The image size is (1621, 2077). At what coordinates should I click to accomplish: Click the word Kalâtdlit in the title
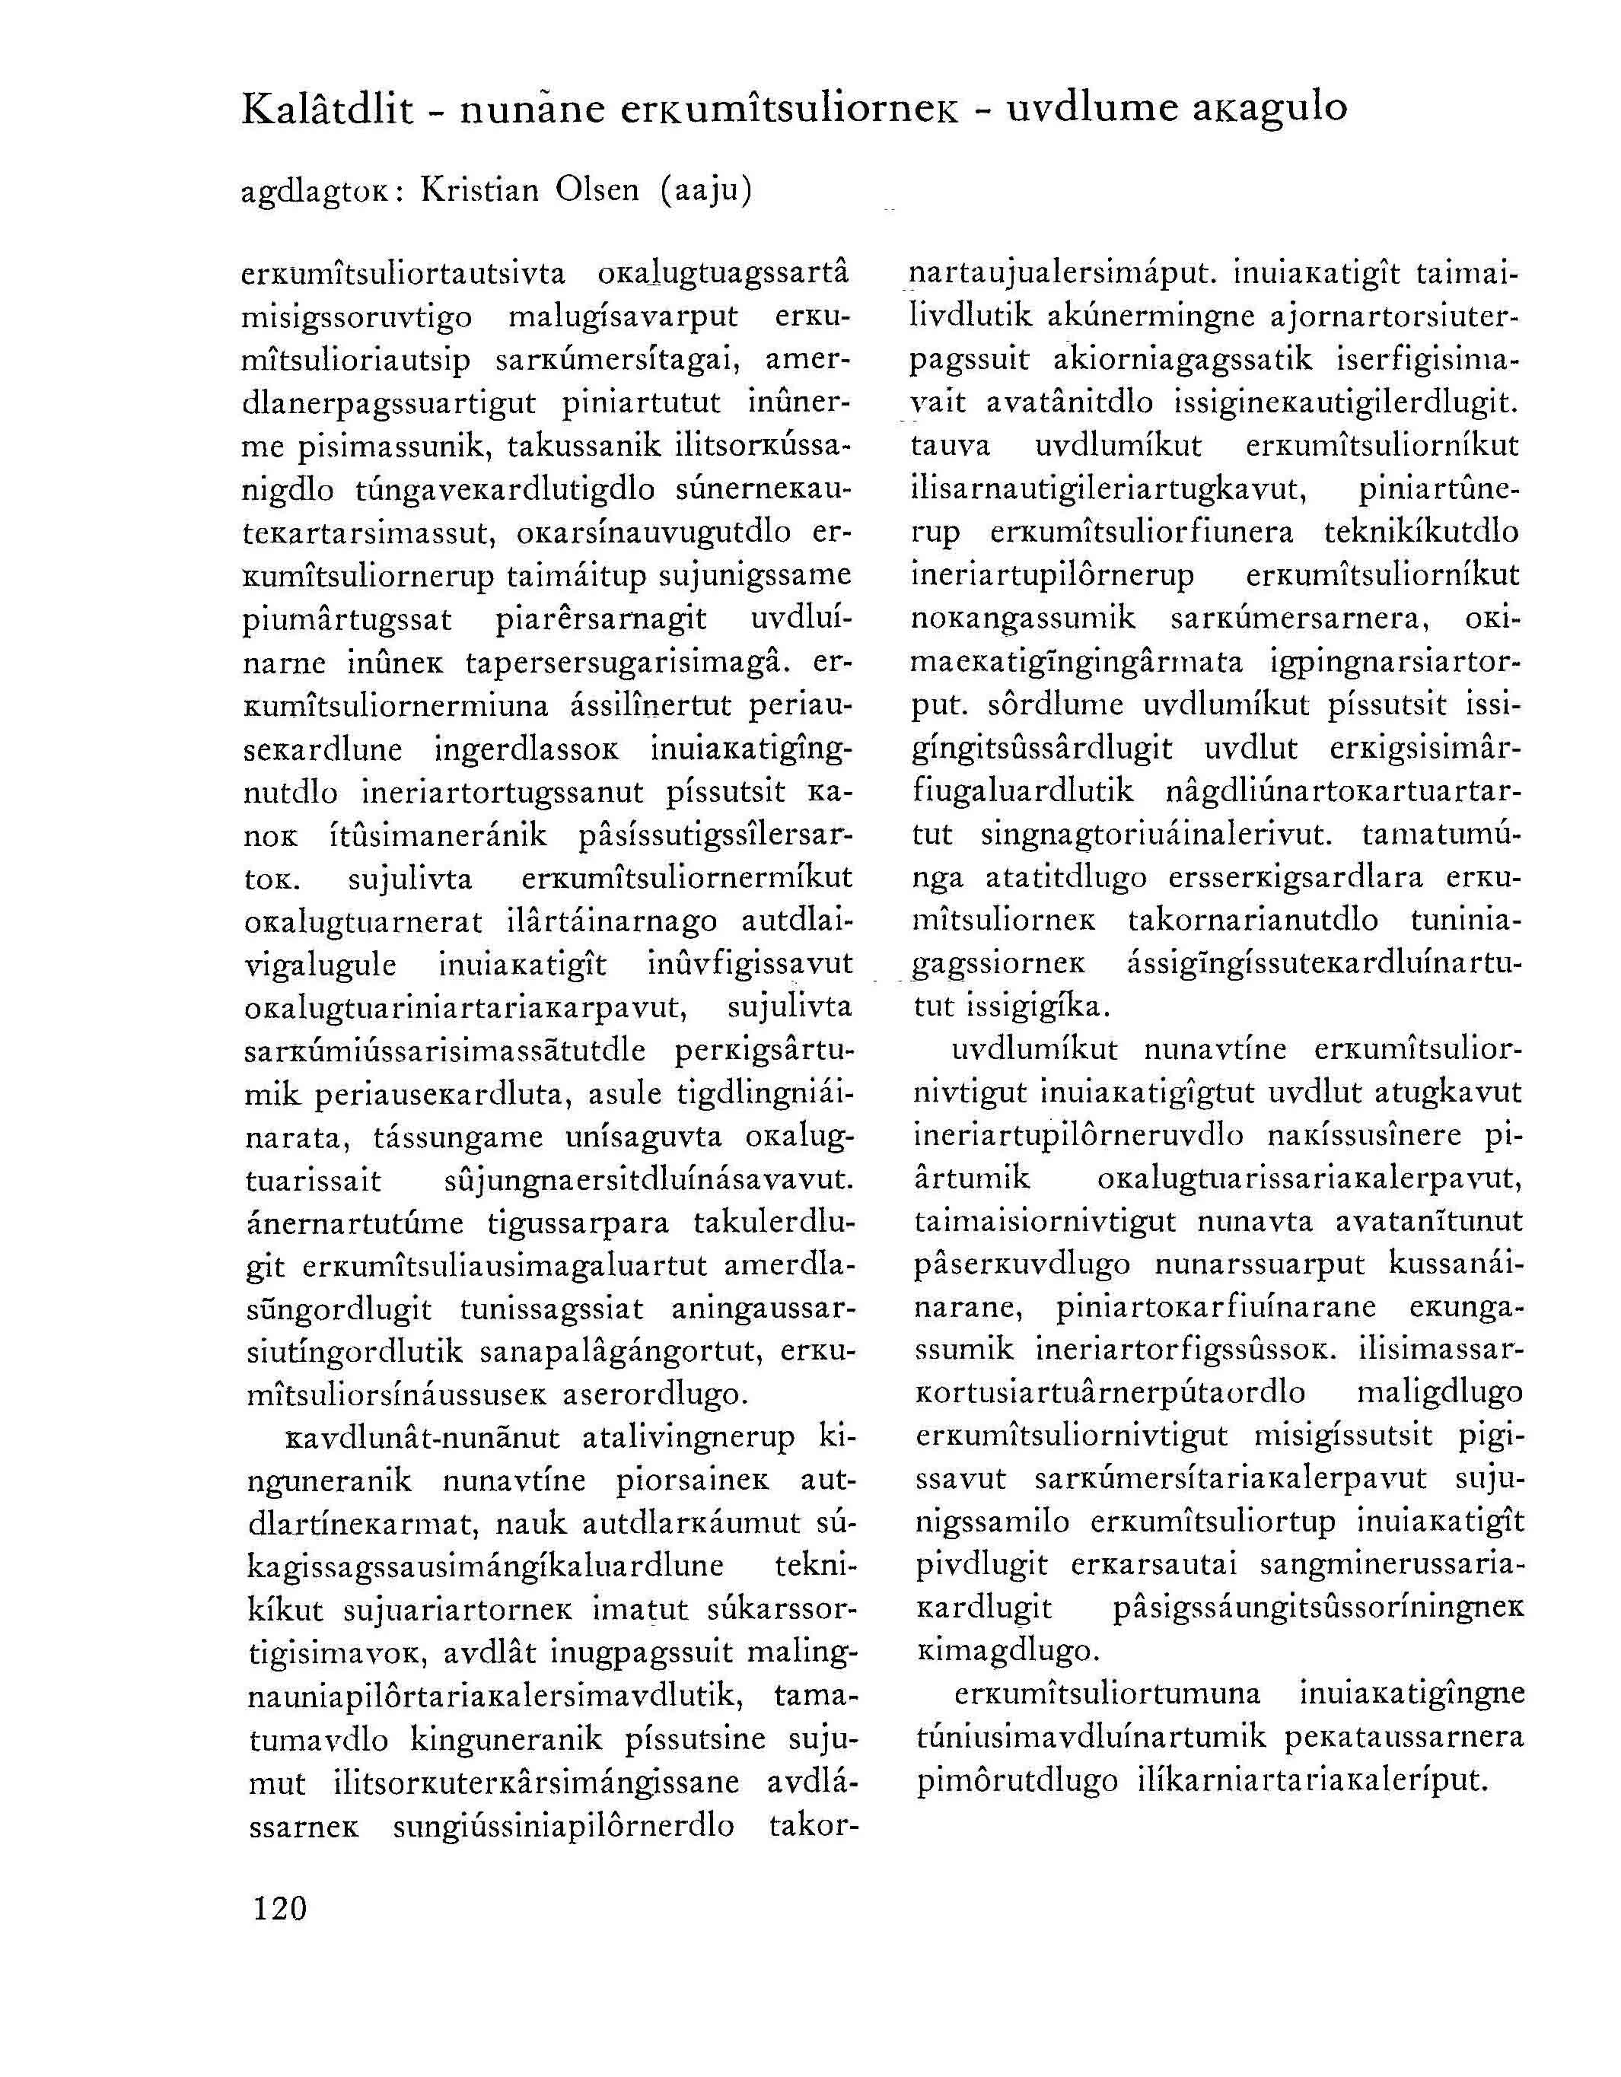[328, 110]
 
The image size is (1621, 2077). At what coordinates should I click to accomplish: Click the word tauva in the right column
[952, 446]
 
